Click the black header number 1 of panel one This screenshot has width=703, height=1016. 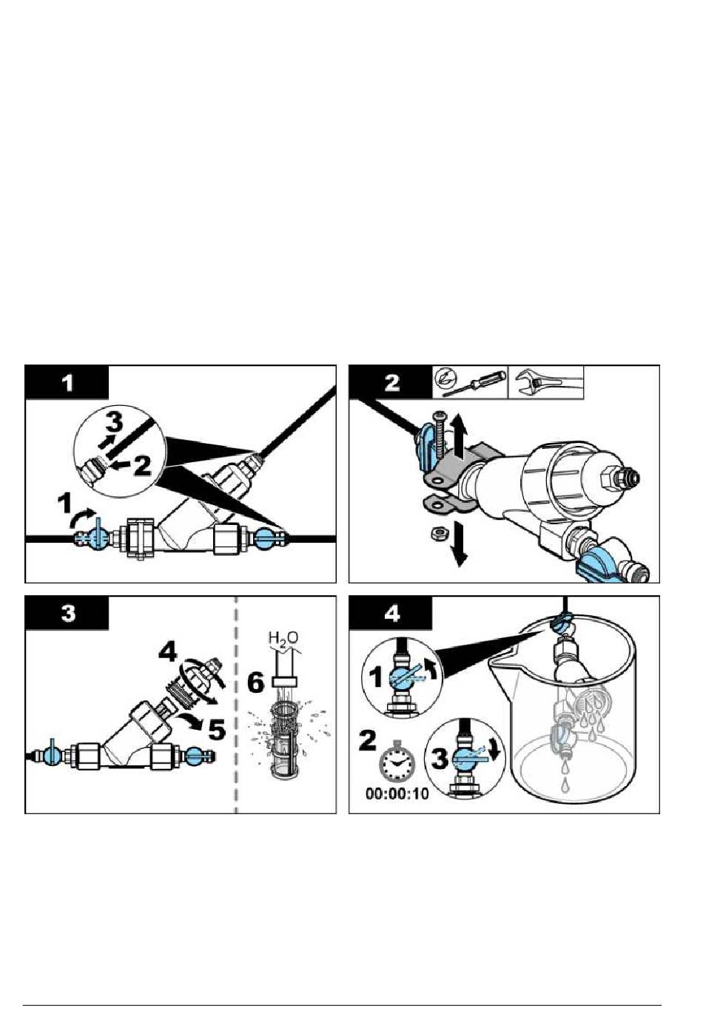click(67, 383)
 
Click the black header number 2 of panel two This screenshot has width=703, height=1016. click(391, 383)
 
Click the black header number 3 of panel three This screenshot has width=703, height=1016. click(67, 614)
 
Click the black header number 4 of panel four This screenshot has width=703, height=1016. click(391, 614)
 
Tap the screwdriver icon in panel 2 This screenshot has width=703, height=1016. click(471, 383)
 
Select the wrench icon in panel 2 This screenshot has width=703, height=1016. click(545, 383)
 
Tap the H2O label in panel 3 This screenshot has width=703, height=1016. click(283, 637)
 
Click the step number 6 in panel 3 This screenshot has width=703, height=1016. click(255, 682)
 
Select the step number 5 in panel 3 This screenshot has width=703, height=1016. click(216, 729)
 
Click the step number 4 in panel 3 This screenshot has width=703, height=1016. click(168, 652)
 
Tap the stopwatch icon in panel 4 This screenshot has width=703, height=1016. click(397, 763)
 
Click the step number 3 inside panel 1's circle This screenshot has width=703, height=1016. click(112, 424)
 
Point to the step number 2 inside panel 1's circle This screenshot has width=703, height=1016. click(142, 465)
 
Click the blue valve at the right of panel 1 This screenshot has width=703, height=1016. click(264, 538)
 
